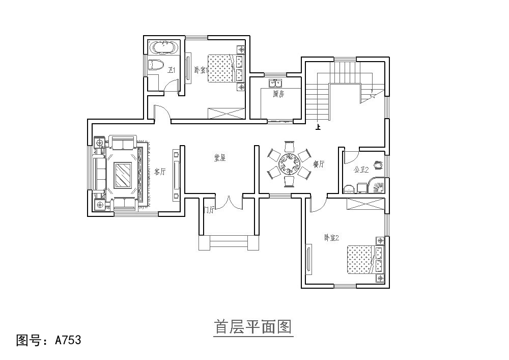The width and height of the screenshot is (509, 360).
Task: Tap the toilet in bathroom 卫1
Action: [x=155, y=65]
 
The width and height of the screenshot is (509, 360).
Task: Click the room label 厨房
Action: [x=277, y=94]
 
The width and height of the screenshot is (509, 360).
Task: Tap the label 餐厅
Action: [x=319, y=164]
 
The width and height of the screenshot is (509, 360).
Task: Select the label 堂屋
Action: [x=219, y=158]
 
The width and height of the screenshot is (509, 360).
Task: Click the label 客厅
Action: [x=160, y=172]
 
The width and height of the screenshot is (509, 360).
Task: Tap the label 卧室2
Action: [x=331, y=237]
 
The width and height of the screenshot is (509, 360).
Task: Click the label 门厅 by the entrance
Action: [x=209, y=209]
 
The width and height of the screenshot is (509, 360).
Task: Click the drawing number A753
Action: [x=68, y=340]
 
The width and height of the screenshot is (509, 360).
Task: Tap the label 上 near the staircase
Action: [x=319, y=128]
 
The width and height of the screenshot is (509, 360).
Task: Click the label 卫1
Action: [x=172, y=70]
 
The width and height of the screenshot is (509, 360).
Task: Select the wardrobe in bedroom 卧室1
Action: [x=227, y=113]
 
